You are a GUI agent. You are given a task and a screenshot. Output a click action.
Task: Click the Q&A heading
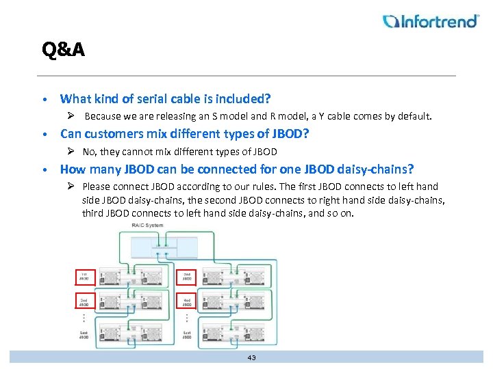click(x=63, y=50)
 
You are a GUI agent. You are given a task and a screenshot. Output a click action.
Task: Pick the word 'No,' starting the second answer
click(x=90, y=152)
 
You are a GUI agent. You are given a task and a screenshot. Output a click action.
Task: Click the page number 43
click(x=251, y=357)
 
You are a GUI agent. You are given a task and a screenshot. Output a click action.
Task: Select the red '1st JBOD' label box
click(x=84, y=277)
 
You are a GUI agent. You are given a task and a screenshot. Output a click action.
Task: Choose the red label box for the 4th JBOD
click(x=187, y=301)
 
